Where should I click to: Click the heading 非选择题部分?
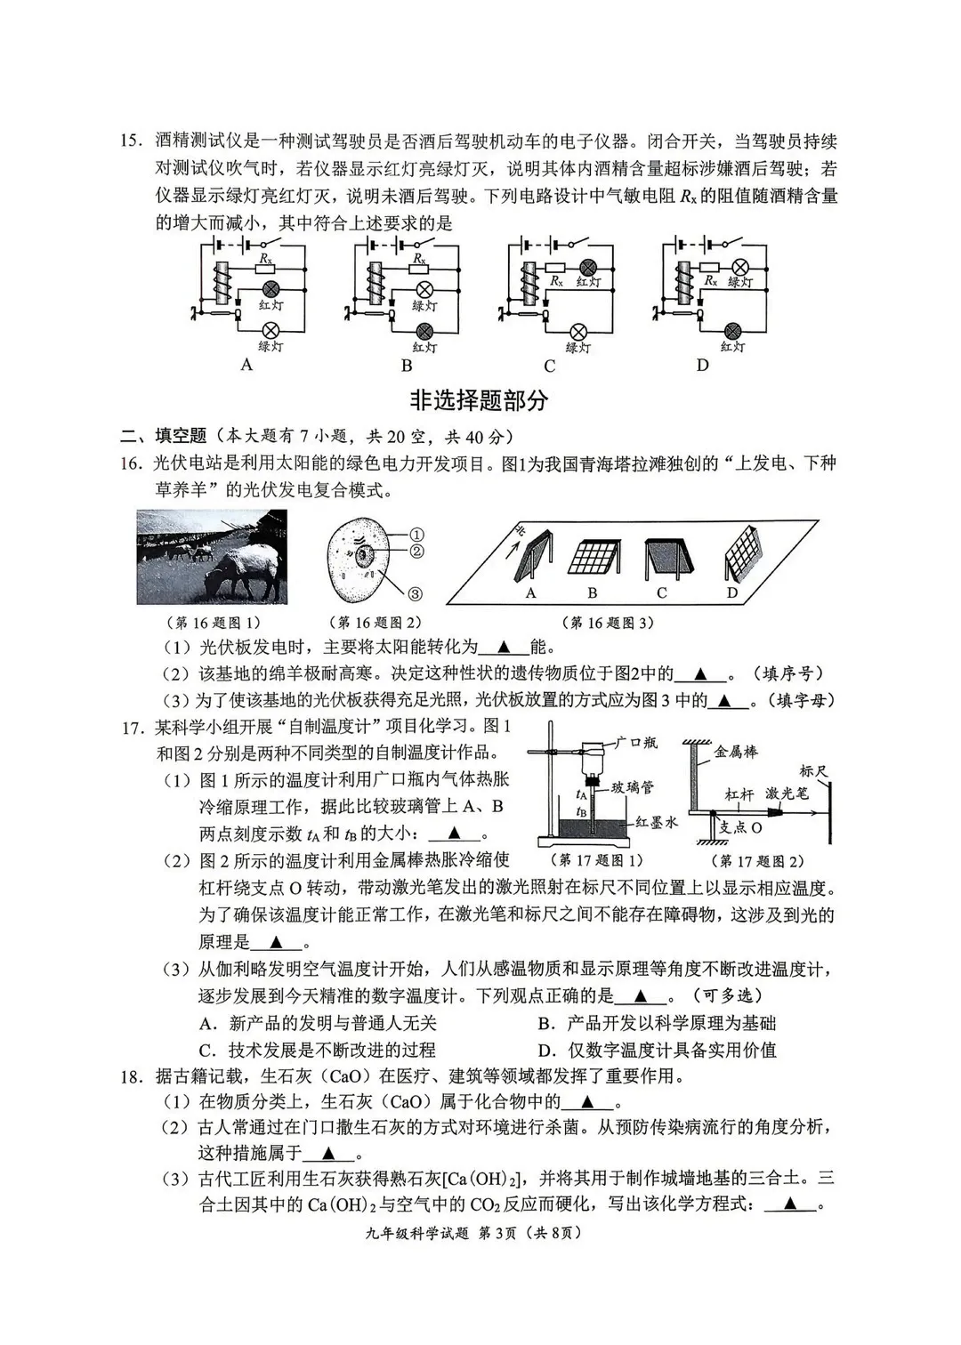pyautogui.click(x=479, y=400)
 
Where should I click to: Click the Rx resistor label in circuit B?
pyautogui.click(x=418, y=258)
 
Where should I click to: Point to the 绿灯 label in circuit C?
pyautogui.click(x=578, y=348)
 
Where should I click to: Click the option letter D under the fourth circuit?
pyautogui.click(x=702, y=365)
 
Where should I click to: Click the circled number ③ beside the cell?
pyautogui.click(x=415, y=594)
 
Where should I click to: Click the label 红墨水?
pyautogui.click(x=657, y=822)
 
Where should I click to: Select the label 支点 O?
pyautogui.click(x=739, y=826)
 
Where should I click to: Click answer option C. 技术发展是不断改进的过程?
pyautogui.click(x=318, y=1050)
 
